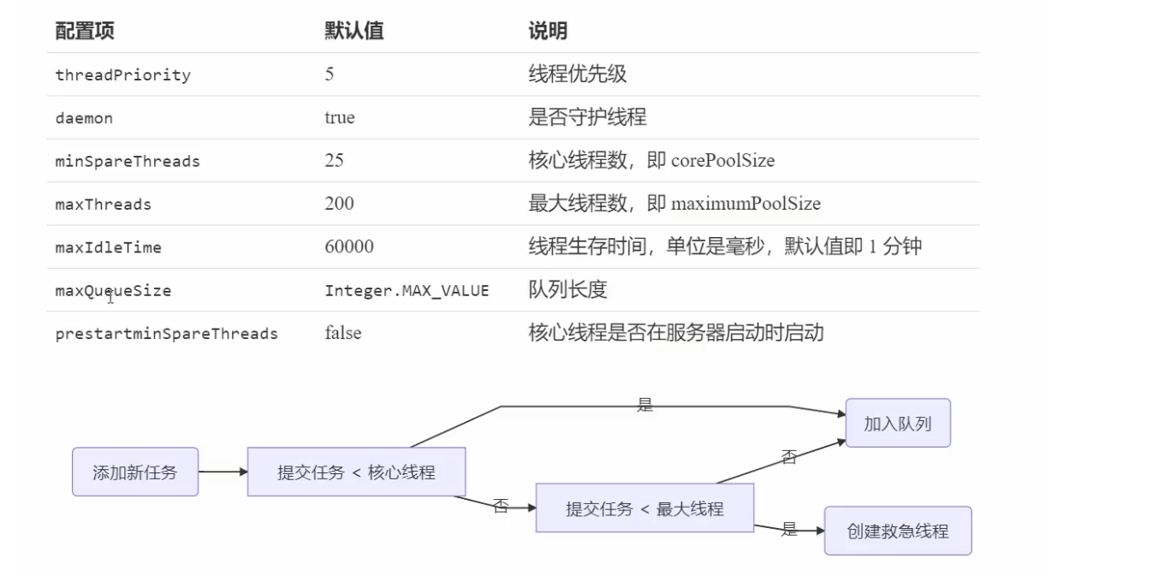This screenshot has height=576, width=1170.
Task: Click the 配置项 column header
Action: tap(85, 32)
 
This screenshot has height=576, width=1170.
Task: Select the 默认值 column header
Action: tap(353, 32)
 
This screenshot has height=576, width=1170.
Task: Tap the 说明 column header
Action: tap(548, 32)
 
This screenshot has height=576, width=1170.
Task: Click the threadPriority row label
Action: tap(122, 75)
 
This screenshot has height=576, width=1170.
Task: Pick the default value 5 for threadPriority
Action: tap(330, 74)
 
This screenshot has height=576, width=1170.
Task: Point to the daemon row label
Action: tap(84, 118)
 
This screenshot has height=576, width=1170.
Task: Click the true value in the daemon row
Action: tap(339, 117)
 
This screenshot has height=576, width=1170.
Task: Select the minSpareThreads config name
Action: tap(128, 161)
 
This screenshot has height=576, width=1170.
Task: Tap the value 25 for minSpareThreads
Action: tap(334, 160)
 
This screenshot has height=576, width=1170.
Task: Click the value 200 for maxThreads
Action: tap(339, 203)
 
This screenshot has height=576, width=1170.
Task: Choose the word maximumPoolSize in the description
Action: tap(745, 204)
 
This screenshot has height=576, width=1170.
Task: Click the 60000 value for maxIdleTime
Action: tap(349, 246)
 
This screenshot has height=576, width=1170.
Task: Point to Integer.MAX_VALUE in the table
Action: tap(407, 290)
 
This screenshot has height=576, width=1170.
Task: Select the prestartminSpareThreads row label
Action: tap(166, 333)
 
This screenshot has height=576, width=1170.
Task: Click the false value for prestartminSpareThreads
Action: tap(342, 332)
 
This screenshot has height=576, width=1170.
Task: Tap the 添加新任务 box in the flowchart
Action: tap(135, 472)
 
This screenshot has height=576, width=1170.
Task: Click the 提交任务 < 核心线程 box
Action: tap(356, 472)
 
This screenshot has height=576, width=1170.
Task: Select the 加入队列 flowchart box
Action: tap(897, 423)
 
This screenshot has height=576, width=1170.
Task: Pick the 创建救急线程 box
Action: tap(898, 531)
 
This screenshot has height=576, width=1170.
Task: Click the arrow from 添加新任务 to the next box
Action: tap(223, 472)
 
